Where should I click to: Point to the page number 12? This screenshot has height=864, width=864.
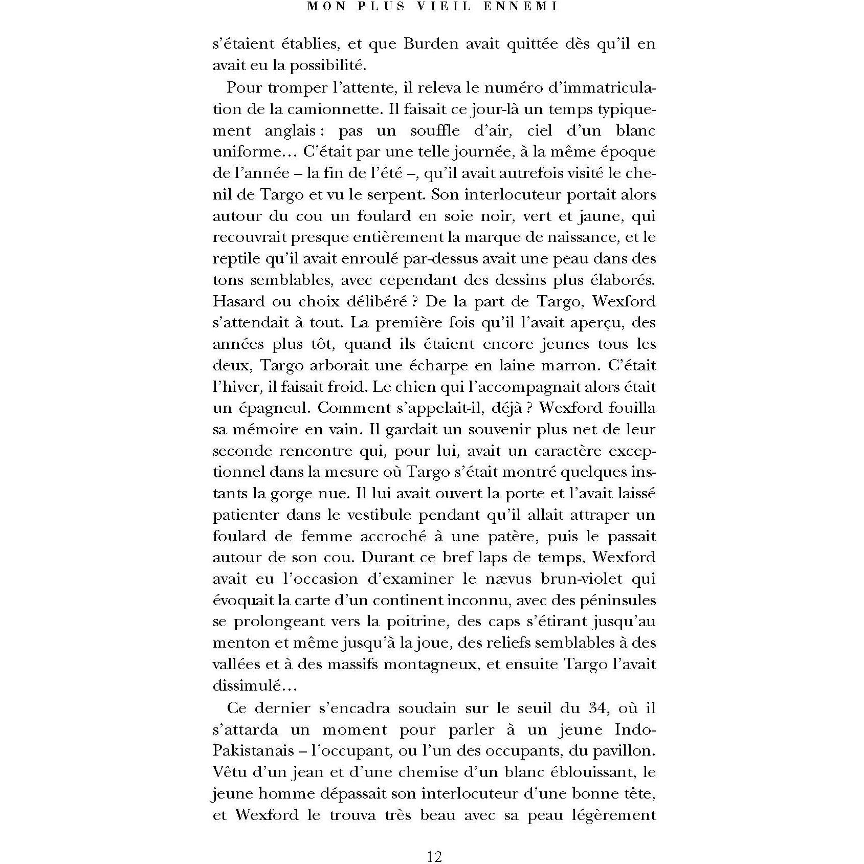coord(434,856)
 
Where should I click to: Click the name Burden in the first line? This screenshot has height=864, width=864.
coord(431,44)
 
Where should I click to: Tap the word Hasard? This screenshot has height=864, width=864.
coord(238,301)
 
